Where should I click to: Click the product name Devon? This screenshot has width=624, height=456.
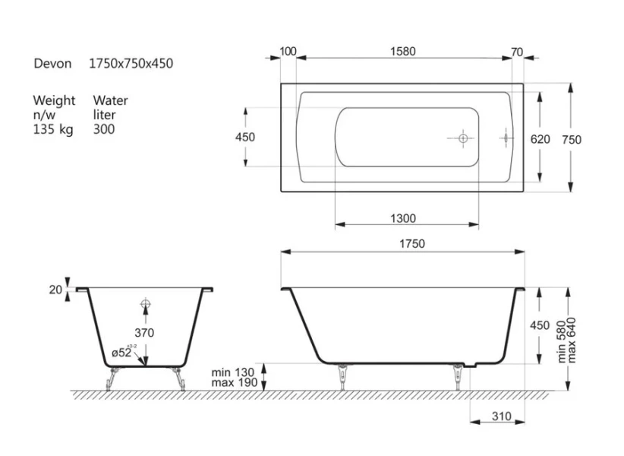(x=52, y=63)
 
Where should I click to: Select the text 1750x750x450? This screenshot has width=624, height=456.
(x=131, y=63)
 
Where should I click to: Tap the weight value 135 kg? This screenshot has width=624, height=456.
(x=53, y=129)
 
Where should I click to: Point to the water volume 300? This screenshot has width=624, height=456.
(x=104, y=129)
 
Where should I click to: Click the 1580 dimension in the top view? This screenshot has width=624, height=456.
(x=403, y=52)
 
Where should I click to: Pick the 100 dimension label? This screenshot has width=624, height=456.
(x=288, y=52)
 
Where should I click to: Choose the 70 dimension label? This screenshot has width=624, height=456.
(x=516, y=52)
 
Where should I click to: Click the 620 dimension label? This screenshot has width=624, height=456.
(x=540, y=139)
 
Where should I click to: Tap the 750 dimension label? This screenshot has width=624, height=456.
(x=572, y=139)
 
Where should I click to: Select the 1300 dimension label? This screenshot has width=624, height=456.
(x=403, y=218)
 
